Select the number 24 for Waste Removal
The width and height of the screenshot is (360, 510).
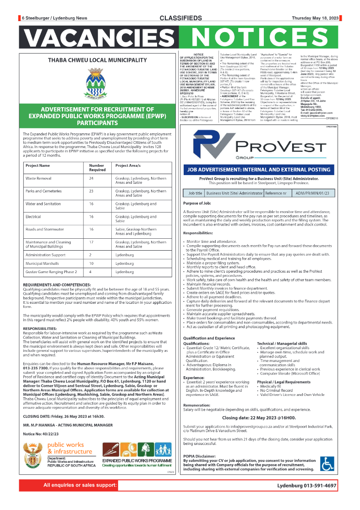pos(91,178)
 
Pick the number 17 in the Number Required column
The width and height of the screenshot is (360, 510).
pos(91,242)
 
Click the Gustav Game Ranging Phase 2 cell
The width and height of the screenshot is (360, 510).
pos(51,272)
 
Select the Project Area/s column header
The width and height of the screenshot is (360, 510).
pos(128,166)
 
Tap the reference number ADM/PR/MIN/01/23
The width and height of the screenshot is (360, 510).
pos(314,193)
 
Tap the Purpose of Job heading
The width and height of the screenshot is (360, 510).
pos(197,203)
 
